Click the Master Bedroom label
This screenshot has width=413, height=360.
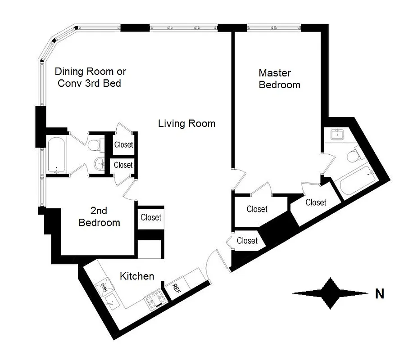279,79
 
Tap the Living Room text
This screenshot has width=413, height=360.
186,123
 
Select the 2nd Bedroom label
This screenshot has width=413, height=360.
99,216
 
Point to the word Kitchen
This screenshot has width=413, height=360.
137,276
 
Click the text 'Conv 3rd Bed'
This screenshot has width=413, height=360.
90,84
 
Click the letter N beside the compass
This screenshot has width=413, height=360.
380,294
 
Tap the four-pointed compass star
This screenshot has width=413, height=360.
331,293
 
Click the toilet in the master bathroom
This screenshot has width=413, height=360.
354,156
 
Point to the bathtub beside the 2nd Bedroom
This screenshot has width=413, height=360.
56,155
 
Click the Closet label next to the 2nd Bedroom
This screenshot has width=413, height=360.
150,217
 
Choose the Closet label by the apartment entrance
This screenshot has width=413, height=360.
247,241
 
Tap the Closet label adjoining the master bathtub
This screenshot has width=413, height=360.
315,202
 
